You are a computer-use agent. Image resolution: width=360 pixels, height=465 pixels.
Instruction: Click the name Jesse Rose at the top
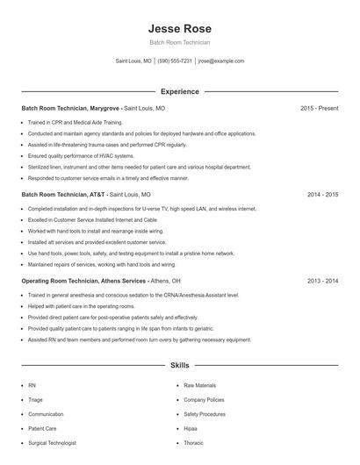(180, 29)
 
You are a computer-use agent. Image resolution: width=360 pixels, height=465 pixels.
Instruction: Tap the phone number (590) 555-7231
(175, 61)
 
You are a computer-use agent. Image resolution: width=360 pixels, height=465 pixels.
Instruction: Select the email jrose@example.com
(220, 61)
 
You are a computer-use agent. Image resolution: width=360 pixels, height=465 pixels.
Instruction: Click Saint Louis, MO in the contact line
(133, 61)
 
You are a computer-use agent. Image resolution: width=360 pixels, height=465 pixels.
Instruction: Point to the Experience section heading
(180, 91)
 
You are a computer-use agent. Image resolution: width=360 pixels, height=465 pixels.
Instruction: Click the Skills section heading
(180, 366)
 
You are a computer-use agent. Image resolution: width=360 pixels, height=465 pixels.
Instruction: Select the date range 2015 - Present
(319, 108)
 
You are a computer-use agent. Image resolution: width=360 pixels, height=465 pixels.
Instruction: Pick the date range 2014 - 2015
(322, 194)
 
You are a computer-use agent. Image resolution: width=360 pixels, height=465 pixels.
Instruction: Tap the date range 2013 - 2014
(322, 281)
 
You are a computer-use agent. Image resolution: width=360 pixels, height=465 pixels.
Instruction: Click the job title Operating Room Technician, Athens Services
(83, 281)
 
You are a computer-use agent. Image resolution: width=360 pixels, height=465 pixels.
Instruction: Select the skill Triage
(35, 399)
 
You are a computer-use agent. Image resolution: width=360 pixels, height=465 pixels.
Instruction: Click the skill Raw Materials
(199, 385)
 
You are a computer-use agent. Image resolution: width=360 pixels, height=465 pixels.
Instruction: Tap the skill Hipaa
(191, 428)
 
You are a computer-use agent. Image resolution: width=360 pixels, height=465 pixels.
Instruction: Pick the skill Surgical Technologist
(52, 443)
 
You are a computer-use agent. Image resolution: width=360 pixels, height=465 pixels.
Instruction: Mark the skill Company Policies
(204, 399)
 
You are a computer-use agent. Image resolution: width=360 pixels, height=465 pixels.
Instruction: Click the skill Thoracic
(193, 443)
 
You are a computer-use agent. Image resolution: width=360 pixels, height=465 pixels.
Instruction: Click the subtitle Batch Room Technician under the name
(180, 42)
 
